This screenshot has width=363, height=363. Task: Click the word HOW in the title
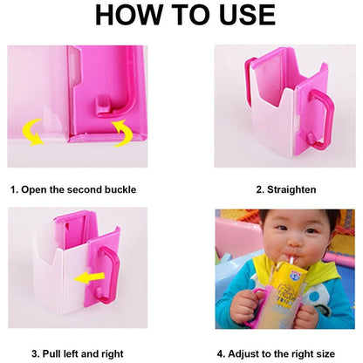(x=128, y=15)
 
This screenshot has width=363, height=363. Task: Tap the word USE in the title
(x=247, y=15)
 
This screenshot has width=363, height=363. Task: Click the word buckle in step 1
(x=120, y=189)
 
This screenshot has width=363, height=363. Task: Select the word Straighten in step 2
(x=291, y=189)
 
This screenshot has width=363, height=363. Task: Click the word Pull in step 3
(x=50, y=353)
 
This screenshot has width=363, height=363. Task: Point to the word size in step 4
(x=325, y=354)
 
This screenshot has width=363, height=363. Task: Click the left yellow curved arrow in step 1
(x=32, y=132)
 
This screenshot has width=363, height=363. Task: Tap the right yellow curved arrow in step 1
(x=123, y=133)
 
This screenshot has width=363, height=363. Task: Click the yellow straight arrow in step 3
(x=89, y=277)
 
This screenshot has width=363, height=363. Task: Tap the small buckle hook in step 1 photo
(x=102, y=104)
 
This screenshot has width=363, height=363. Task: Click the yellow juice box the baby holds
(x=291, y=285)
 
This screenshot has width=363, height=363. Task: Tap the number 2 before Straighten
(x=260, y=189)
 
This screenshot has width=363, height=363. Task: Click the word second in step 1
(x=85, y=189)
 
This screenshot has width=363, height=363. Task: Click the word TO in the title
(x=190, y=15)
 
